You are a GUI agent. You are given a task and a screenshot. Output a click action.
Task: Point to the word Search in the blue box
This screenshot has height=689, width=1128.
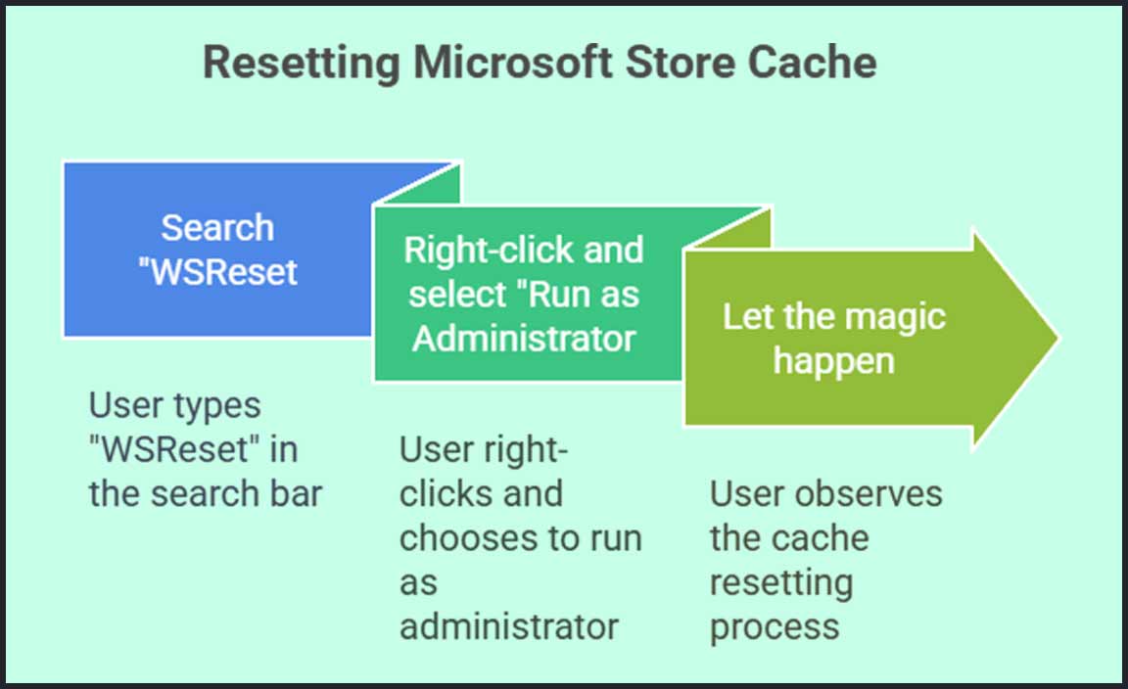pyautogui.click(x=217, y=228)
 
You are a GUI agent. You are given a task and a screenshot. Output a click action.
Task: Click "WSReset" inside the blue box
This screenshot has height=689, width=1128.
pyautogui.click(x=217, y=271)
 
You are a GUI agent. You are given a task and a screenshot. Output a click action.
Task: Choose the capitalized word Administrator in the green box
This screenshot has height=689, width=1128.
pyautogui.click(x=524, y=339)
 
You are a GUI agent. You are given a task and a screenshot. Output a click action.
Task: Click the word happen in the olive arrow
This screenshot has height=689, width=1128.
pyautogui.click(x=833, y=361)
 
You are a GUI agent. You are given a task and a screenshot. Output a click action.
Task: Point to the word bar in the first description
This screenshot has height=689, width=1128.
pyautogui.click(x=295, y=493)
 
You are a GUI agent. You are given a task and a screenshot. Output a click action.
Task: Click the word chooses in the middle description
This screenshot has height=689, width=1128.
pyautogui.click(x=458, y=538)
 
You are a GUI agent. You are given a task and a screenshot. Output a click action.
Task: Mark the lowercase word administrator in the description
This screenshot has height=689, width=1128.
pyautogui.click(x=509, y=626)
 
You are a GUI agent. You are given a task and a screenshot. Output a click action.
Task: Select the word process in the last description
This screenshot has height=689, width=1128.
pyautogui.click(x=775, y=626)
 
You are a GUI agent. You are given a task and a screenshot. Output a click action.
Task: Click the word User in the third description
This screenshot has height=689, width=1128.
pyautogui.click(x=745, y=493)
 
